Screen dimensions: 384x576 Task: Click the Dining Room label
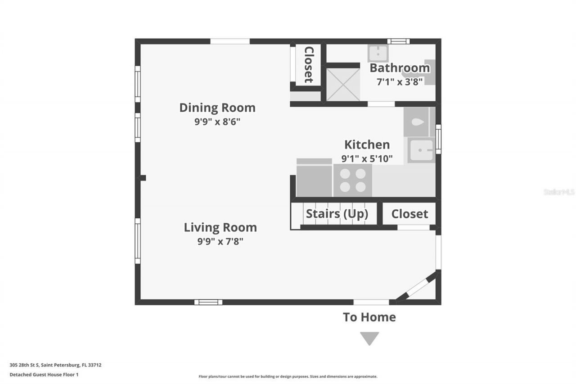(217, 108)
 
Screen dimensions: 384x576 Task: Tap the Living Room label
(220, 227)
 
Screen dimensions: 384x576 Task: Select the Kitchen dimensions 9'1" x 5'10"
(367, 158)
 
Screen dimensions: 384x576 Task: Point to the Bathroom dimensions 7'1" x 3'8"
(399, 82)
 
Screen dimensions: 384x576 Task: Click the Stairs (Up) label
(337, 214)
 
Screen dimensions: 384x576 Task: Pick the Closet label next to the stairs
(409, 214)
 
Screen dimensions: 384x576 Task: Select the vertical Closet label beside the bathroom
(309, 64)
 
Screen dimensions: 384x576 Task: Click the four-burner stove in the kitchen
(352, 180)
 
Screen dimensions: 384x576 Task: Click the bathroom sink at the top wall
(378, 54)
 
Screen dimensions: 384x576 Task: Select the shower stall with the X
(343, 85)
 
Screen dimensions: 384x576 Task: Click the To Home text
(369, 317)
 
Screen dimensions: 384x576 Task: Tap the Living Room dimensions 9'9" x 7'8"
(220, 241)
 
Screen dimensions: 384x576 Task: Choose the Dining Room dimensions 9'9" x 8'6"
(217, 122)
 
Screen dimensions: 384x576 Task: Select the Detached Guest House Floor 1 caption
(44, 374)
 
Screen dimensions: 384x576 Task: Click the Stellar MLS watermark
(559, 192)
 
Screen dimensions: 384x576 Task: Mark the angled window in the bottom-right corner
(416, 286)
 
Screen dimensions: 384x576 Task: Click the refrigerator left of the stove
(314, 179)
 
